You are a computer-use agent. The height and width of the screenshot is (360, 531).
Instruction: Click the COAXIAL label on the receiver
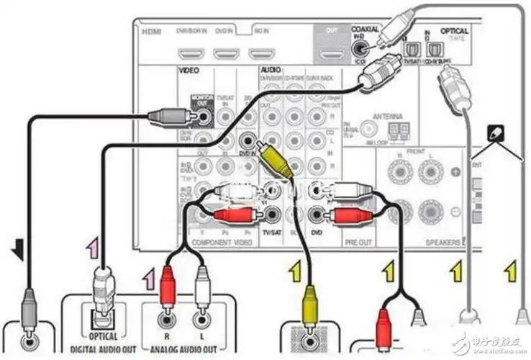coord(366,30)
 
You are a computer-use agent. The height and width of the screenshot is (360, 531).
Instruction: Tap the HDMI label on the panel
coord(153,32)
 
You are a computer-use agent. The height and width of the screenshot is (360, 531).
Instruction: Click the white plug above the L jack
coord(202,282)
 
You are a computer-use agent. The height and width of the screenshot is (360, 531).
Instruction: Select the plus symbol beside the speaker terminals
coord(455,173)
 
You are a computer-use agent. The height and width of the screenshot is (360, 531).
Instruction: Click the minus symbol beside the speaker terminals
coord(455,211)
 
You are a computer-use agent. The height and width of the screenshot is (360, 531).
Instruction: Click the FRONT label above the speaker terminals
coord(416,153)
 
